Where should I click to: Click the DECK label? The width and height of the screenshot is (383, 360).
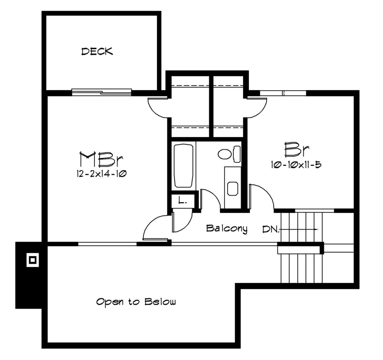tap(97, 51)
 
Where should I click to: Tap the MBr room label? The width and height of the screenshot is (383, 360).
tap(101, 159)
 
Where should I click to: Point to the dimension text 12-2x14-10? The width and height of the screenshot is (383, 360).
tap(101, 174)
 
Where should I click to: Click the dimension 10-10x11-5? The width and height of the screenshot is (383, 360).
tap(296, 165)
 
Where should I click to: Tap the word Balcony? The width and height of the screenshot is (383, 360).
tap(227, 229)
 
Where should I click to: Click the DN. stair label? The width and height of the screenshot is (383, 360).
tap(271, 229)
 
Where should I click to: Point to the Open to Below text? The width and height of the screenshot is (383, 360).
tap(136, 301)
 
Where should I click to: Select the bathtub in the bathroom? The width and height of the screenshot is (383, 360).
tap(184, 166)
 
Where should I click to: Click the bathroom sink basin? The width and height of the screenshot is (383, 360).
tap(233, 188)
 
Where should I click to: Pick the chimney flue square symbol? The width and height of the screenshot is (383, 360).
tap(33, 260)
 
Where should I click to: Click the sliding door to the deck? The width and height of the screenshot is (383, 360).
tap(101, 92)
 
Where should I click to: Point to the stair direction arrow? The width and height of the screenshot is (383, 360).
tap(298, 229)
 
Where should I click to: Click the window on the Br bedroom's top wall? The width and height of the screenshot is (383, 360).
tap(283, 93)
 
